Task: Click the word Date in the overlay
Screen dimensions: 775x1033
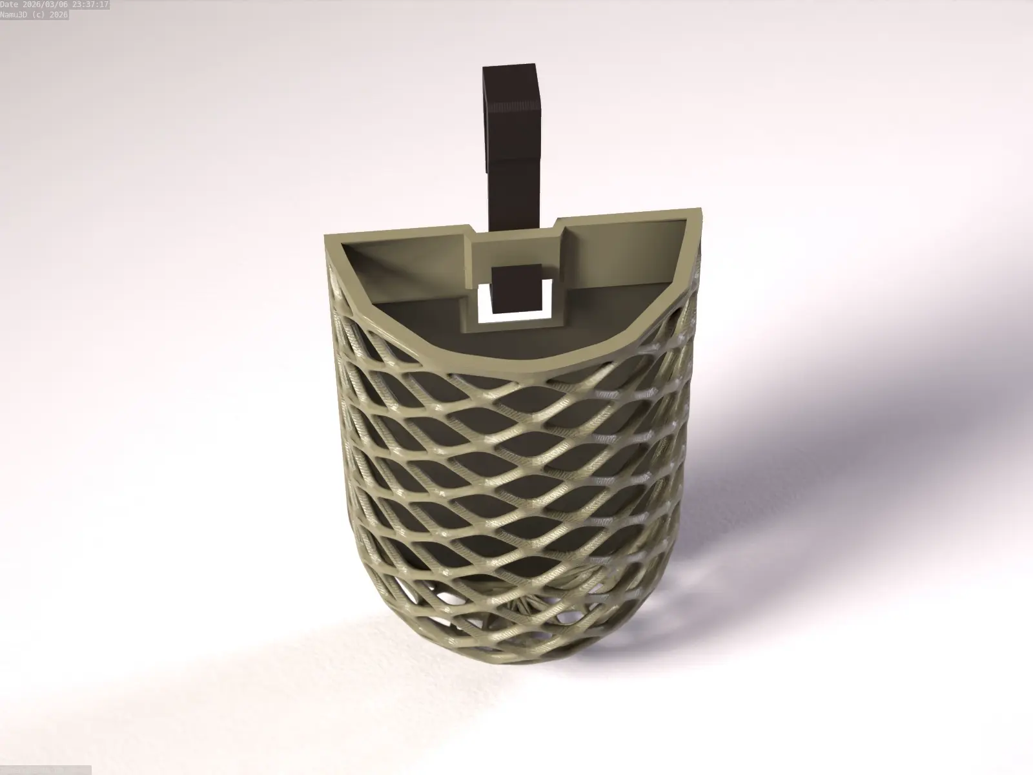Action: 11,5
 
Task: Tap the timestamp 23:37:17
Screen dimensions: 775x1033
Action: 91,5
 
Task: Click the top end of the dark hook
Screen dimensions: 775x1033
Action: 509,67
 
